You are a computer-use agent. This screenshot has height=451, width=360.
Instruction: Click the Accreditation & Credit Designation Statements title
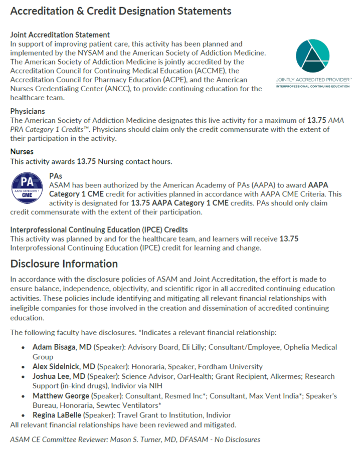[121, 11]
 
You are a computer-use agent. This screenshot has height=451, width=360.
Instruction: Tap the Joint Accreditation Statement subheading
[60, 35]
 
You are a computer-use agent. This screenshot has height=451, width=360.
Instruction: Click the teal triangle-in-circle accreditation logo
[313, 55]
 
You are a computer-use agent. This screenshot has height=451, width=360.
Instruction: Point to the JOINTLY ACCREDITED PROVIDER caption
[313, 80]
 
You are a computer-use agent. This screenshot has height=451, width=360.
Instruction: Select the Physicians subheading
[28, 111]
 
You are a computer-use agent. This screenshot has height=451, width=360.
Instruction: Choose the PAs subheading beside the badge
[56, 176]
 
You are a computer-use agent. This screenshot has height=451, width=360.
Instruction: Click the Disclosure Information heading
[64, 264]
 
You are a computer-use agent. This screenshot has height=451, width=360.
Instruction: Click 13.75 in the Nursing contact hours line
[85, 161]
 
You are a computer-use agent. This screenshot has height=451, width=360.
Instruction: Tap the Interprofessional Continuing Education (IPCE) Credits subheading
[99, 230]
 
